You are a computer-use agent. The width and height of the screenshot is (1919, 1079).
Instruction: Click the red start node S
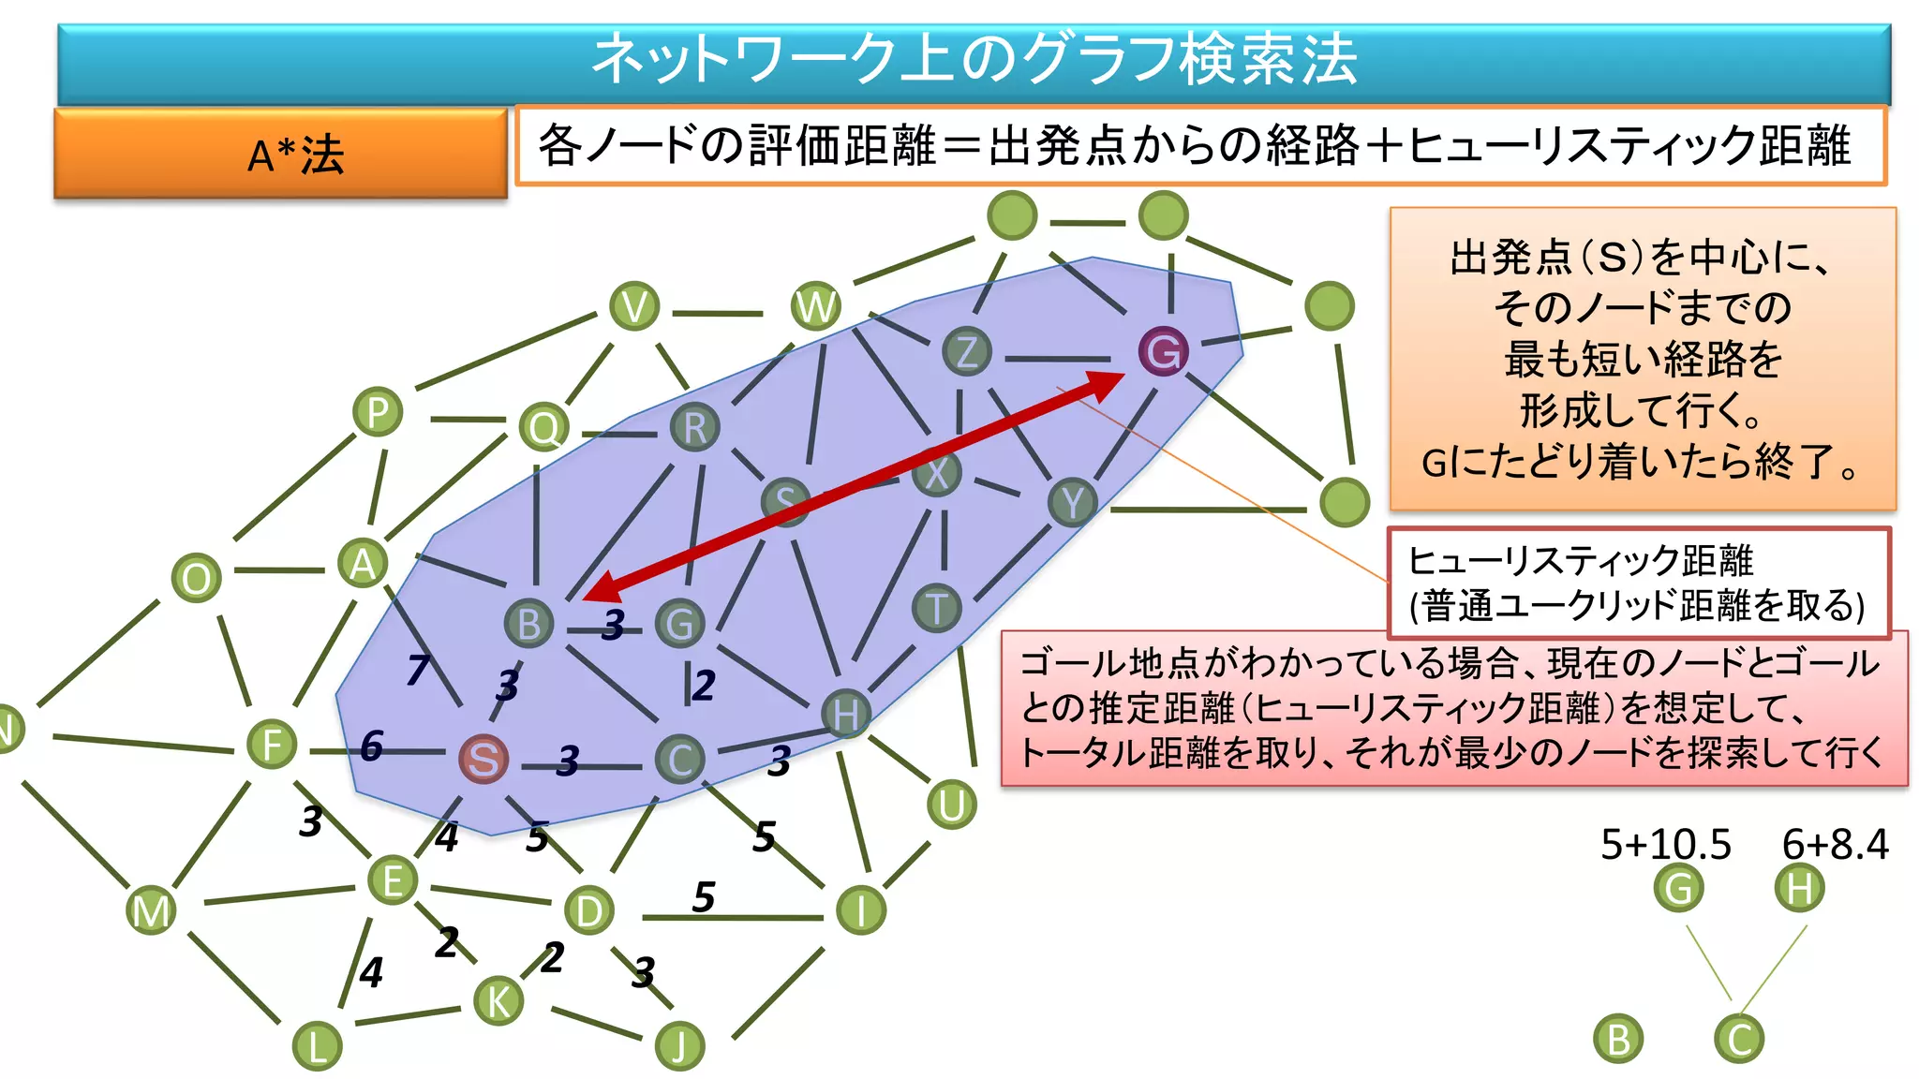[483, 759]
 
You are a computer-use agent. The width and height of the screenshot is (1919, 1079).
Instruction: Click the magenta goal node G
[1163, 351]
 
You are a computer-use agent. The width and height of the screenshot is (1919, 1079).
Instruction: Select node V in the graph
[634, 306]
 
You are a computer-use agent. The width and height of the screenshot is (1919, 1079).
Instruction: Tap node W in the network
[815, 306]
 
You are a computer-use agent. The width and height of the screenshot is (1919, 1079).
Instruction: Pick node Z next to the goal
[966, 351]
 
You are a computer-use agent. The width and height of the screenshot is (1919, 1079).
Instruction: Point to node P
[378, 412]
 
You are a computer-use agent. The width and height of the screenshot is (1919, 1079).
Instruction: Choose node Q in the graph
[543, 428]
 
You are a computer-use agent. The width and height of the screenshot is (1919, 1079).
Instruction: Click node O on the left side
[197, 578]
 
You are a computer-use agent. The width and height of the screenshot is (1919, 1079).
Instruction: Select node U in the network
[951, 805]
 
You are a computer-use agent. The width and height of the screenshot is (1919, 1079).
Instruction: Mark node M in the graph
[151, 910]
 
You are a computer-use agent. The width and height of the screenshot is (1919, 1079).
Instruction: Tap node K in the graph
[498, 1000]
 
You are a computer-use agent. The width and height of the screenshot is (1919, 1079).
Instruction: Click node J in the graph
[679, 1045]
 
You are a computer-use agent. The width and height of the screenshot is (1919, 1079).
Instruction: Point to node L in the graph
[317, 1045]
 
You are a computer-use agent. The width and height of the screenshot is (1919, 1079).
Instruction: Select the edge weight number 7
[418, 669]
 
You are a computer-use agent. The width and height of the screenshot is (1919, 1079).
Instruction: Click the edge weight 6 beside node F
[371, 746]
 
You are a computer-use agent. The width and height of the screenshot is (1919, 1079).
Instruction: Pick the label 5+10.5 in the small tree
[1665, 844]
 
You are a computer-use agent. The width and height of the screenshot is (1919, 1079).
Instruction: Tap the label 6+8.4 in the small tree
[1835, 844]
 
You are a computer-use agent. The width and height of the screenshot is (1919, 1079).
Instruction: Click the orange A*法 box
[281, 154]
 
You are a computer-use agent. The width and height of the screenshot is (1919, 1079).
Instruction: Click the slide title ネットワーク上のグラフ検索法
[974, 60]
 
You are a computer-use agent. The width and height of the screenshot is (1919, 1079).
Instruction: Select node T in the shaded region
[936, 608]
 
